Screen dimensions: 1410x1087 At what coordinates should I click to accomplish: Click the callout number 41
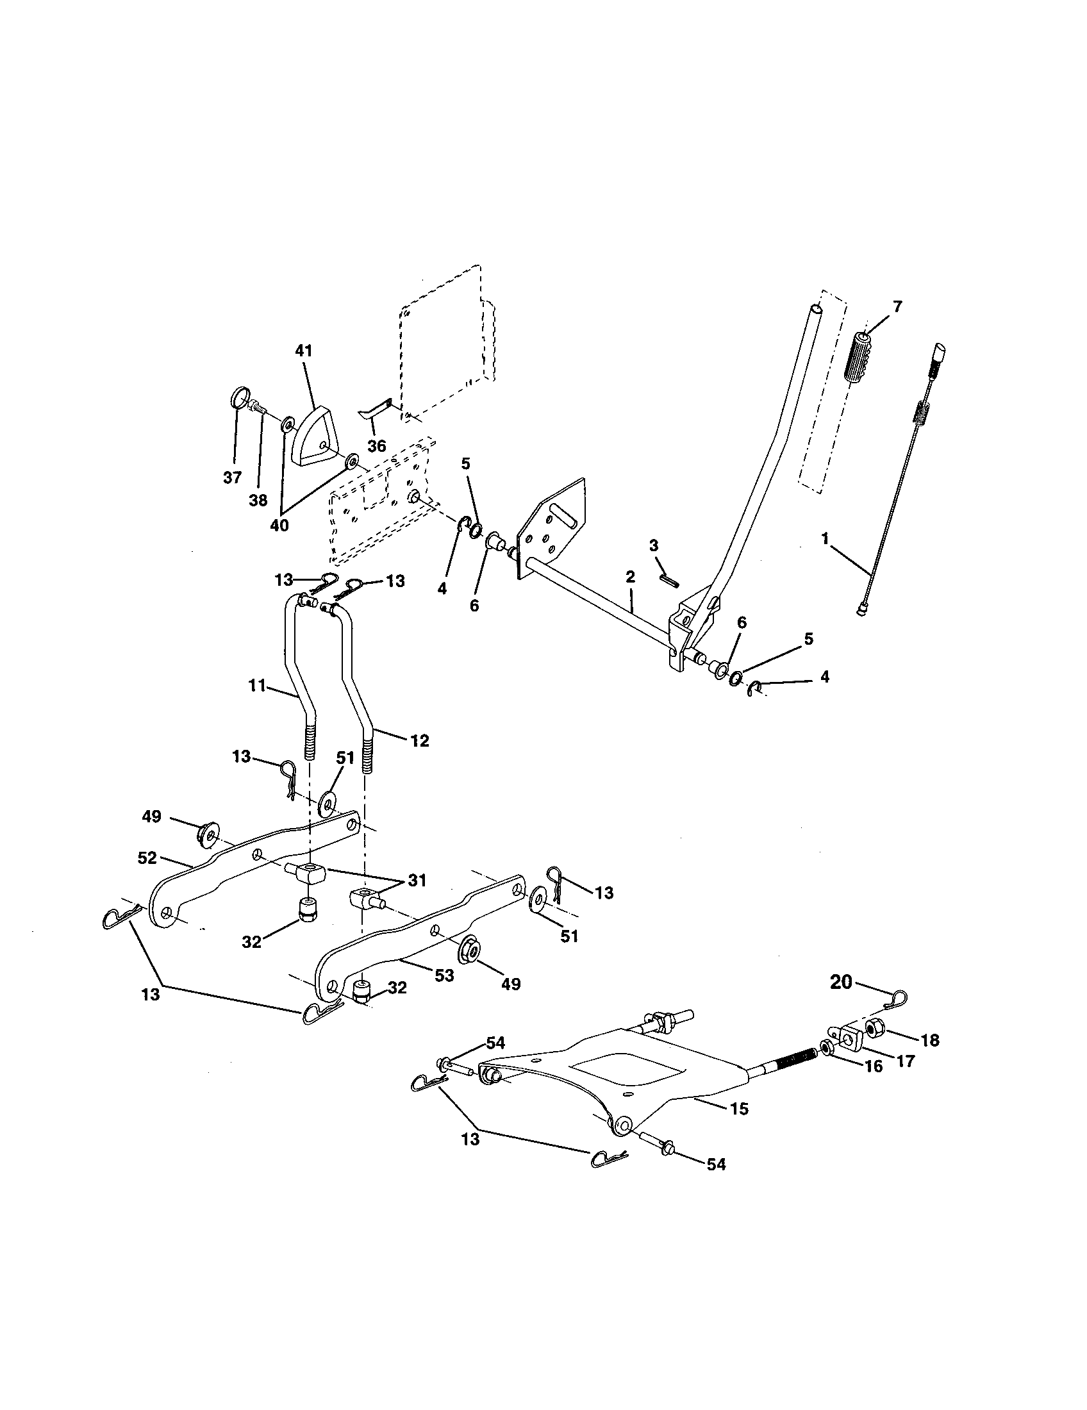click(x=303, y=351)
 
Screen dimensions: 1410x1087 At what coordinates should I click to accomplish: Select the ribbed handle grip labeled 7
click(x=859, y=360)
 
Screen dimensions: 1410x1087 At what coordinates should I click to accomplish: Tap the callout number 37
click(x=232, y=477)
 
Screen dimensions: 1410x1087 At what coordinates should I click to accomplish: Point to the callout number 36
click(x=376, y=445)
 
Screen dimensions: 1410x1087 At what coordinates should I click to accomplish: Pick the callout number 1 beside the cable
click(x=825, y=538)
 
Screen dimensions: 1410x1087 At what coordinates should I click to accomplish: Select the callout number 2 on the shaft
click(x=630, y=577)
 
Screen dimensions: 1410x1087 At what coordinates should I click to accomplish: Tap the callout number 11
click(x=257, y=686)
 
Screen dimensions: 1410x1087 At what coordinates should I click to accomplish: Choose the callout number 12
click(x=420, y=740)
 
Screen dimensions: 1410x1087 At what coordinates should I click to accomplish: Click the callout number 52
click(x=147, y=858)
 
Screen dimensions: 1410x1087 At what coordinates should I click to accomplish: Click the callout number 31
click(x=417, y=880)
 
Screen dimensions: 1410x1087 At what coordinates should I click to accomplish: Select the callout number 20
click(x=841, y=1000)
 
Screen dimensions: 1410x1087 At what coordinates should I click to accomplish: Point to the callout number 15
click(x=739, y=1109)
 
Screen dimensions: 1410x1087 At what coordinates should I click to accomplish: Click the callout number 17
click(x=906, y=1061)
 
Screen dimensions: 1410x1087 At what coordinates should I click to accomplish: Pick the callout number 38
click(x=258, y=501)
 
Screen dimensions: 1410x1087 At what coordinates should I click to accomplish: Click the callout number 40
click(x=279, y=526)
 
